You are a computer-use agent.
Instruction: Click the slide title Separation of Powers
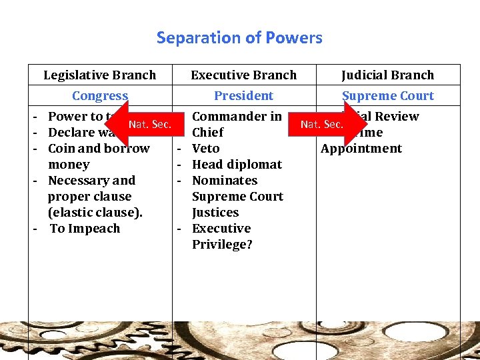pyautogui.click(x=239, y=38)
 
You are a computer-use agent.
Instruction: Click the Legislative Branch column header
pyautogui.click(x=99, y=75)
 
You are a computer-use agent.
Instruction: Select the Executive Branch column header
pyautogui.click(x=243, y=75)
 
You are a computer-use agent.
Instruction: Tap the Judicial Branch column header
pyautogui.click(x=387, y=75)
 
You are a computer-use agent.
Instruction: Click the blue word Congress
pyautogui.click(x=99, y=96)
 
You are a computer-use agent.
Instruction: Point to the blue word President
pyautogui.click(x=243, y=96)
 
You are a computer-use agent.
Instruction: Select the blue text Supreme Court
pyautogui.click(x=387, y=96)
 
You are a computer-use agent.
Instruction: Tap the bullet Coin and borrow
pyautogui.click(x=99, y=149)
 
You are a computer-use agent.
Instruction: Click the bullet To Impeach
pyautogui.click(x=85, y=229)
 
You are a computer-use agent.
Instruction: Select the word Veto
pyautogui.click(x=205, y=149)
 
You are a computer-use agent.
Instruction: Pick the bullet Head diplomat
pyautogui.click(x=237, y=165)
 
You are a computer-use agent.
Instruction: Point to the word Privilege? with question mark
pyautogui.click(x=222, y=245)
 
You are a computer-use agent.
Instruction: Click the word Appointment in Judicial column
pyautogui.click(x=361, y=149)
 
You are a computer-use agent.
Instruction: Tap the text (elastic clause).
pyautogui.click(x=95, y=213)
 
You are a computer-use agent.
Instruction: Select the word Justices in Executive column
pyautogui.click(x=215, y=213)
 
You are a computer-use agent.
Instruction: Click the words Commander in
pyautogui.click(x=237, y=117)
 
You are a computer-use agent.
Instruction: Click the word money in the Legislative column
pyautogui.click(x=69, y=165)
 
